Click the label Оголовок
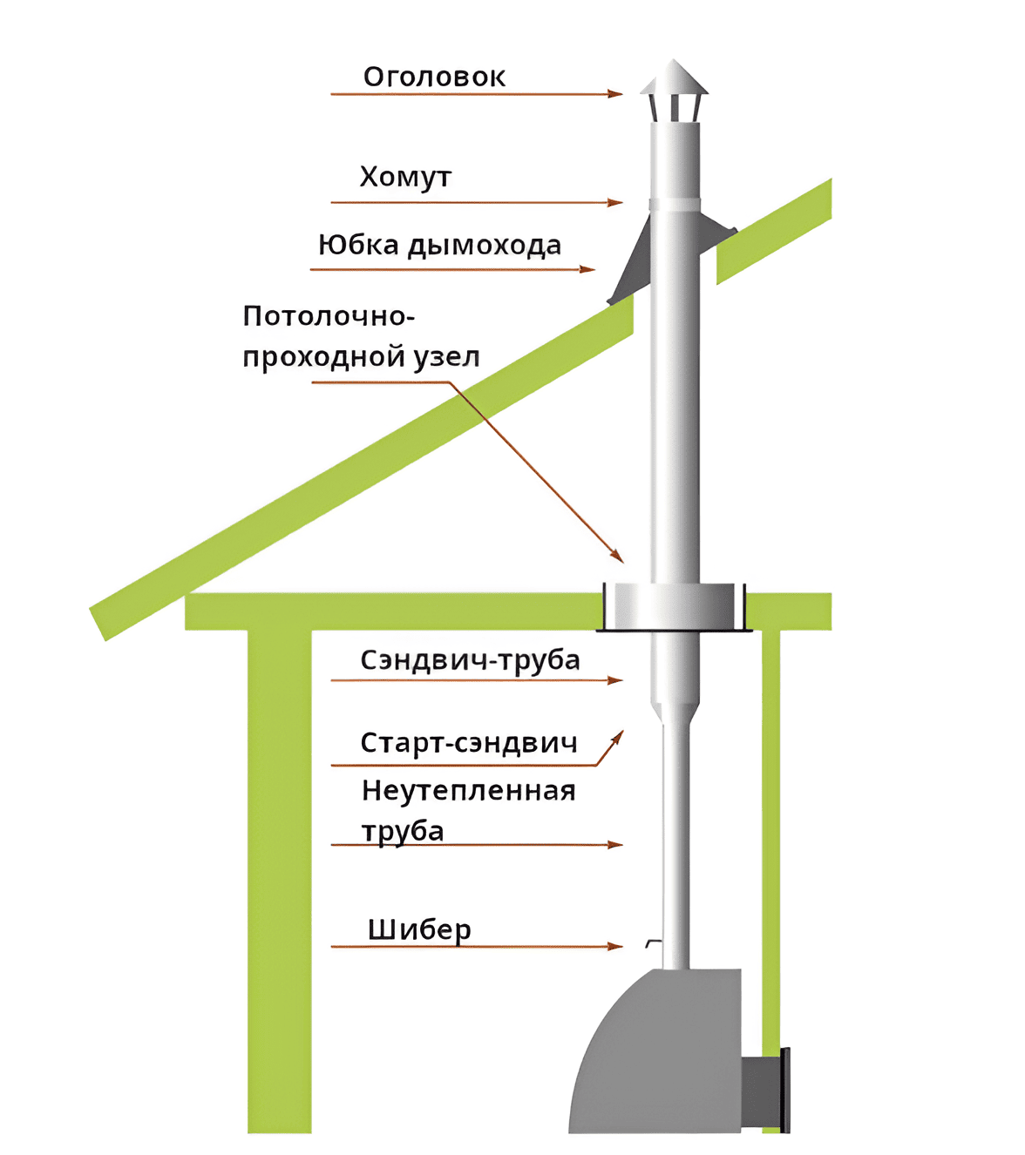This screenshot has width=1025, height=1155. click(434, 77)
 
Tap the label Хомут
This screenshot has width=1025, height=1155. click(405, 177)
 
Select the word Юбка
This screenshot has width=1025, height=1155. click(358, 245)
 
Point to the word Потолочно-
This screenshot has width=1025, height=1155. click(329, 315)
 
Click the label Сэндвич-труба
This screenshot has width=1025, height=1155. click(470, 660)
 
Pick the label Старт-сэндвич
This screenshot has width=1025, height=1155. click(469, 743)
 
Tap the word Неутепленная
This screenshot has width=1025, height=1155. click(469, 791)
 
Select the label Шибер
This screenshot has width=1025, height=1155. click(419, 930)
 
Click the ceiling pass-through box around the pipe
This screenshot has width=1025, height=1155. click(674, 606)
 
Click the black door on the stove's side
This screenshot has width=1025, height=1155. click(785, 1089)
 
